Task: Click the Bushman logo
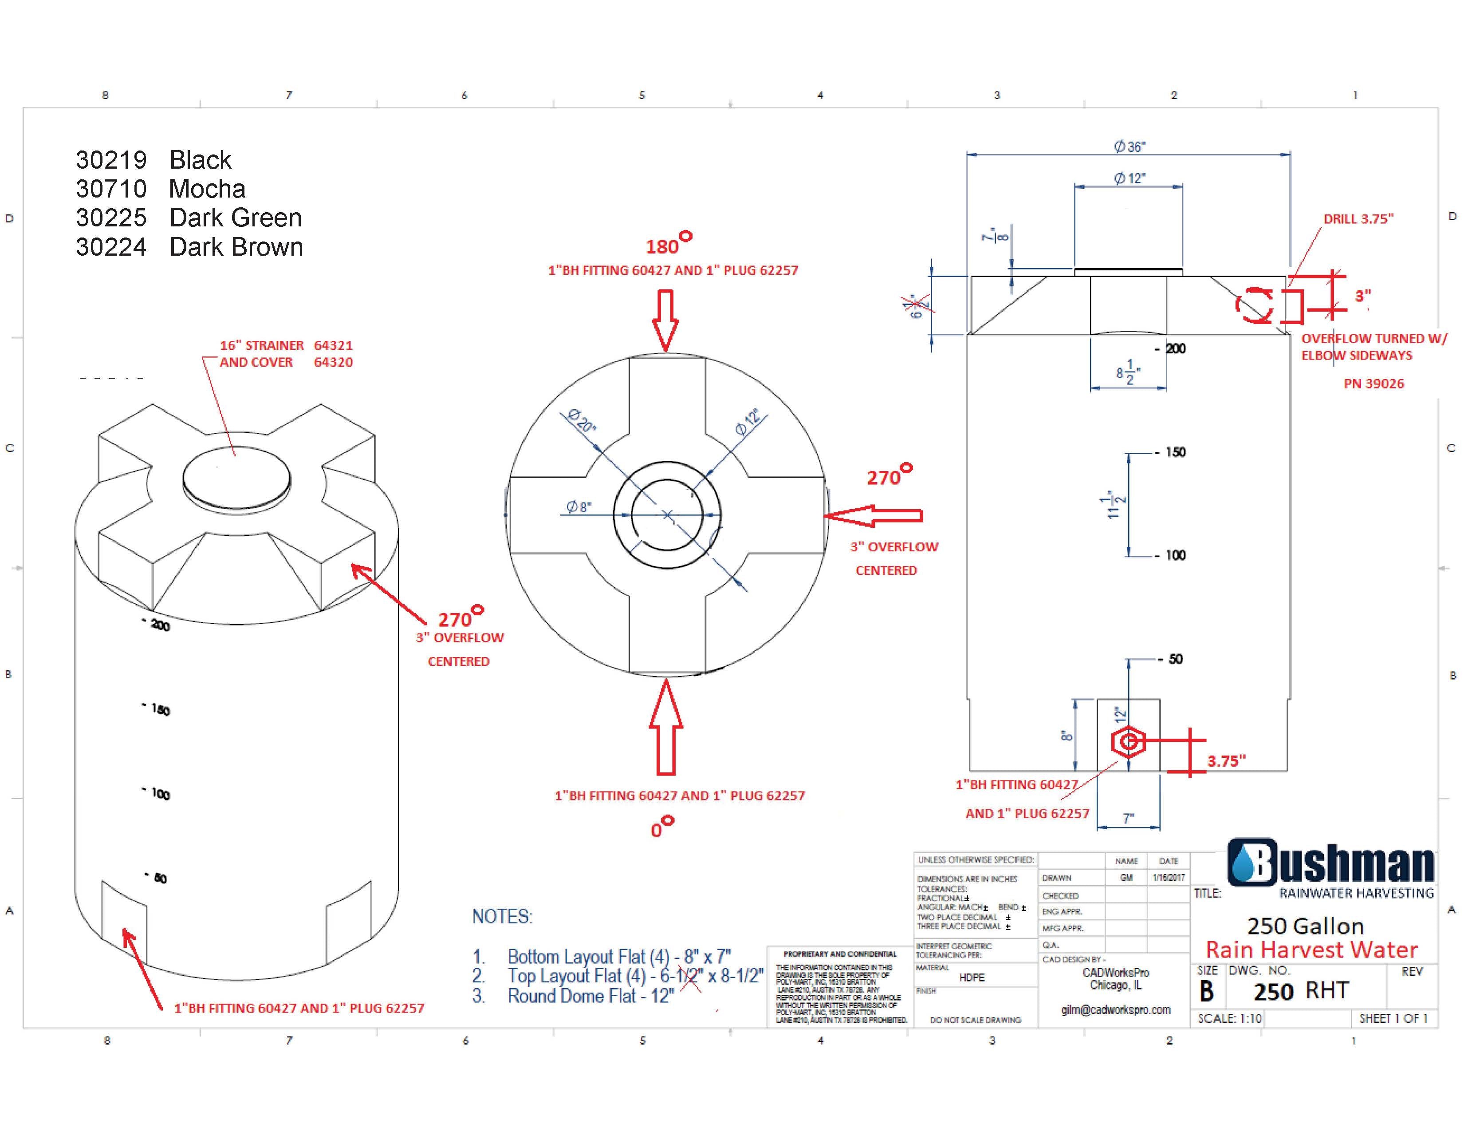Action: (1330, 863)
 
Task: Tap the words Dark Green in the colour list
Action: (235, 218)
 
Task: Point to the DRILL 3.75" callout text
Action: (1358, 218)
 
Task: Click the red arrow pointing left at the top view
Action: (873, 516)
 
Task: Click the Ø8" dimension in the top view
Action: (579, 507)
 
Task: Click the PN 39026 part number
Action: (1373, 384)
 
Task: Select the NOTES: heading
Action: (502, 917)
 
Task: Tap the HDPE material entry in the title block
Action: (971, 977)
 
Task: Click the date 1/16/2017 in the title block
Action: (1169, 877)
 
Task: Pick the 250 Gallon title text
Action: (1305, 926)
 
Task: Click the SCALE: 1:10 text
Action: (1229, 1018)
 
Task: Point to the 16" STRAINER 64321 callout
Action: (286, 345)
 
